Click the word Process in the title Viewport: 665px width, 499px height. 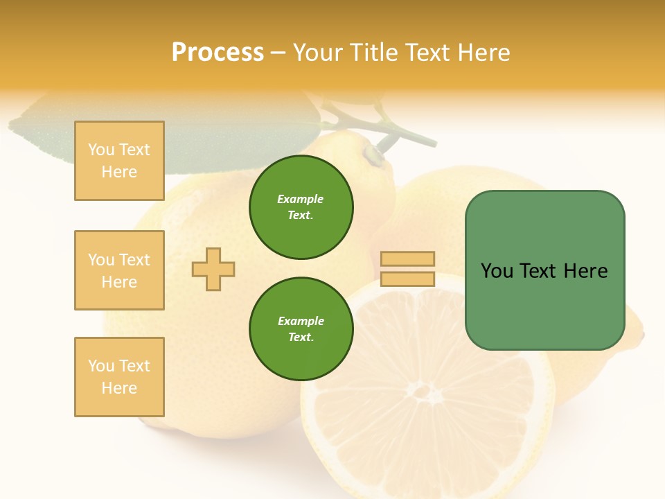pyautogui.click(x=218, y=53)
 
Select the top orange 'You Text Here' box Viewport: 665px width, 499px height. pyautogui.click(x=119, y=161)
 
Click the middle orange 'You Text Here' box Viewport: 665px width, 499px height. pyautogui.click(x=119, y=270)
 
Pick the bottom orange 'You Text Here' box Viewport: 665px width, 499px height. pyautogui.click(x=119, y=377)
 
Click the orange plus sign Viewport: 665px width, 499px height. pyautogui.click(x=213, y=270)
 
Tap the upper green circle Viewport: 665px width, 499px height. pyautogui.click(x=301, y=207)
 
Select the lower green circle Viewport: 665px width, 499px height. pyautogui.click(x=301, y=329)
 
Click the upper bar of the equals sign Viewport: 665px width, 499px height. pyautogui.click(x=407, y=259)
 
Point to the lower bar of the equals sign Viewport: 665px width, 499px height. pyautogui.click(x=407, y=279)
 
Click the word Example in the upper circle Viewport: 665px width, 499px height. pyautogui.click(x=301, y=199)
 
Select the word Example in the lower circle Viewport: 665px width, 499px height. pyautogui.click(x=301, y=321)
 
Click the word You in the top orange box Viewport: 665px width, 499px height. pyautogui.click(x=101, y=150)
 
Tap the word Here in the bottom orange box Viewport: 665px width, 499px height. pyautogui.click(x=119, y=388)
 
